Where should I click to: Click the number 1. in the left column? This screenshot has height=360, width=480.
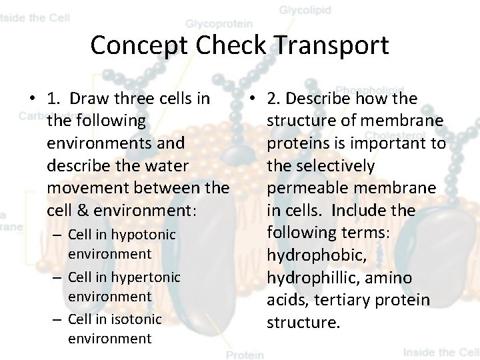55,99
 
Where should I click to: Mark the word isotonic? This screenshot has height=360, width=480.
138,319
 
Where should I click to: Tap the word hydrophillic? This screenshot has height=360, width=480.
319,277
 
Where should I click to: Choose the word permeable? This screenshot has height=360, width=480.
305,188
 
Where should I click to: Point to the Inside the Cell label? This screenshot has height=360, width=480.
441,352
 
